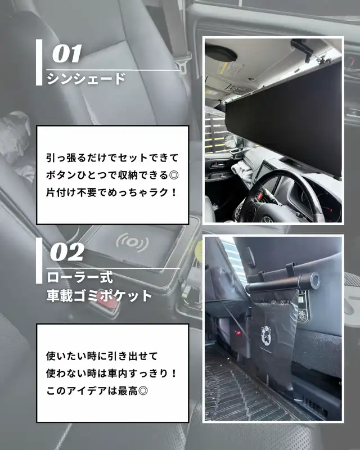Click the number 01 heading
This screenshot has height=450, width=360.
[67, 53]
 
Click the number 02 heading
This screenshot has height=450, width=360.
[67, 252]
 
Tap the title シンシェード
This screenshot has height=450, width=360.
[86, 79]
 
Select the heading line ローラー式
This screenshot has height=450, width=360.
[80, 277]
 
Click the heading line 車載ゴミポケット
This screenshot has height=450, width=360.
[100, 296]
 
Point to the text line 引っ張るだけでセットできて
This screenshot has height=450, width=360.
[112, 157]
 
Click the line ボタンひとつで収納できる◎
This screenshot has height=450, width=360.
[112, 175]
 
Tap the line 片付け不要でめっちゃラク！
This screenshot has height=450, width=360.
[111, 192]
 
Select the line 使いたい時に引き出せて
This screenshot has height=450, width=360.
[102, 356]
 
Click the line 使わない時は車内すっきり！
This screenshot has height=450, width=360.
[111, 373]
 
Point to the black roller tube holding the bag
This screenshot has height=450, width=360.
[283, 283]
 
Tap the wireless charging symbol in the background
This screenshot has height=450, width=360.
[132, 242]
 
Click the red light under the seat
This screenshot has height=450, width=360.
[238, 333]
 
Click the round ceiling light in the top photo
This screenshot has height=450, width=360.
[221, 53]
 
